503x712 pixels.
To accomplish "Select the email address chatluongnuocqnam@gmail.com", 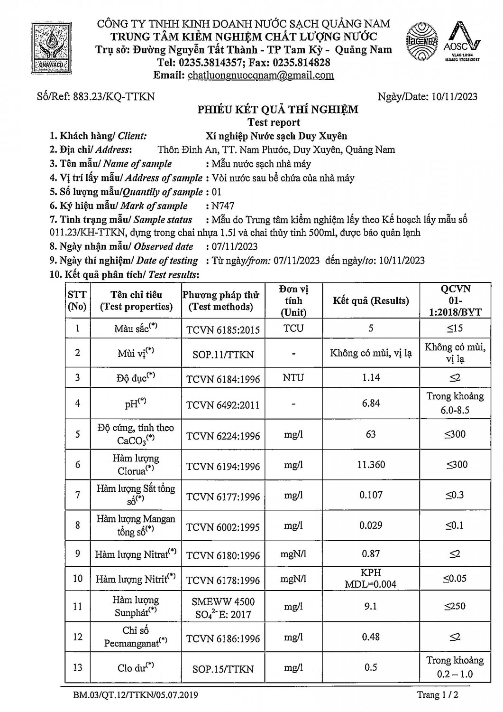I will (261, 75).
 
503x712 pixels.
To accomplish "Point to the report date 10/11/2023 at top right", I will (455, 96).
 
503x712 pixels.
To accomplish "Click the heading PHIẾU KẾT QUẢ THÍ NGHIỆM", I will (278, 110).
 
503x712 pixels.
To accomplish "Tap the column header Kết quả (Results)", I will (371, 300).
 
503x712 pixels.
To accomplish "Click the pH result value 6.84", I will (371, 403).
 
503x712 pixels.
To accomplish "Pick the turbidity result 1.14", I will (371, 378).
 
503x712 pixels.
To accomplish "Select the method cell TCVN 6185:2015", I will (223, 329).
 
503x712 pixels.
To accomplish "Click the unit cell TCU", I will (293, 328).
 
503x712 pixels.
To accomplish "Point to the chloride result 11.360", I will (371, 465).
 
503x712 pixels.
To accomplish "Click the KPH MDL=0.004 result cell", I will (371, 579).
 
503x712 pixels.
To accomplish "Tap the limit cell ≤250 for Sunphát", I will (455, 606).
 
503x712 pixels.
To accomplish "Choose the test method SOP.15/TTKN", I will (223, 669).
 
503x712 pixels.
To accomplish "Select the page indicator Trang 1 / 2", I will (438, 695).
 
